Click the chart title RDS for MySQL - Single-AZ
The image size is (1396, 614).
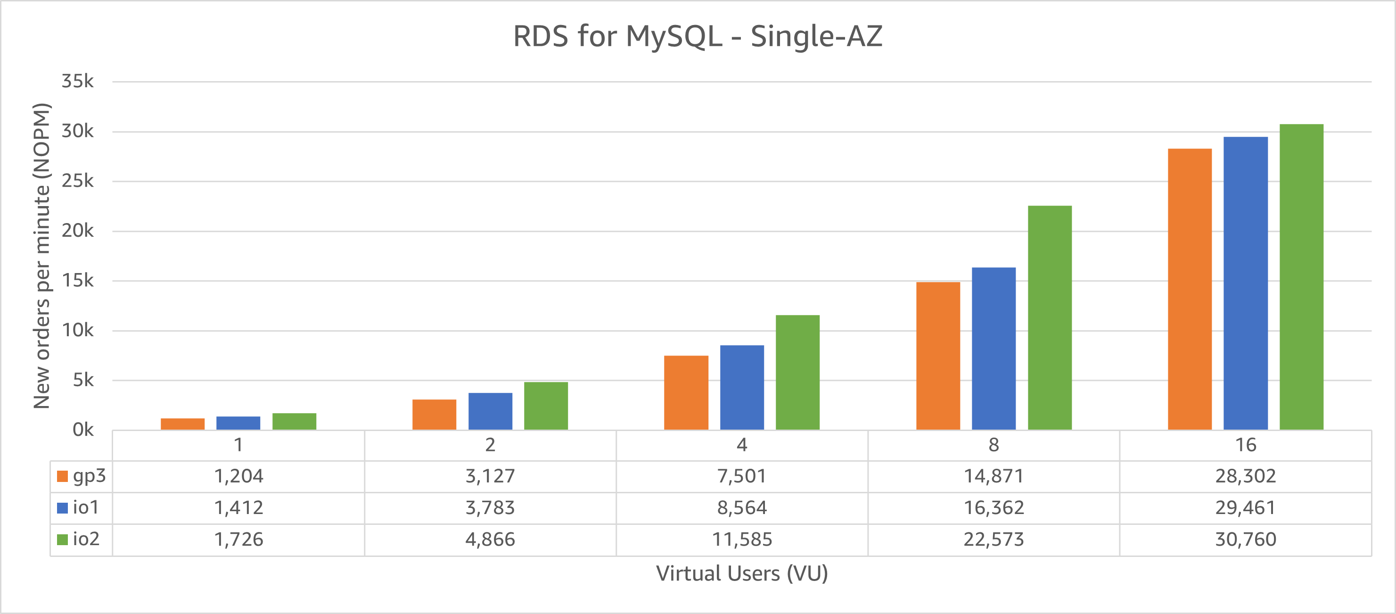coord(698,36)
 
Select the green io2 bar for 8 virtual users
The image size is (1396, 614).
coord(1049,318)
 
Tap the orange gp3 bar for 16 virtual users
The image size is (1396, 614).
coord(1190,289)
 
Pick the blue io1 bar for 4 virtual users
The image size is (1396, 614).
coord(741,387)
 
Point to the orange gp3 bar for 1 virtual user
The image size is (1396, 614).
coord(182,423)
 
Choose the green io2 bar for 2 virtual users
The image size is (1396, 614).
coord(546,406)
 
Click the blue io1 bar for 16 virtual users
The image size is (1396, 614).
coord(1245,283)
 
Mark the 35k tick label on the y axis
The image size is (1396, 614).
coord(77,82)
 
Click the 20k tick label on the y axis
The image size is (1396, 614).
coord(77,231)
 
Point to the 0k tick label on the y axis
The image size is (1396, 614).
coord(82,430)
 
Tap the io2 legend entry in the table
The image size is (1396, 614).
coord(79,539)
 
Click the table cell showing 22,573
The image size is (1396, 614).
coord(994,539)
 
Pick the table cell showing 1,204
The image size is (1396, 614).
coord(238,476)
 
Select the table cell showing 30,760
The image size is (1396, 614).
coord(1245,539)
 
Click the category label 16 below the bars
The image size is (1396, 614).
coord(1245,445)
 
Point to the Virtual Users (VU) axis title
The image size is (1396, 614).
coord(741,573)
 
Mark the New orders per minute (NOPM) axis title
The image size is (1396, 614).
coord(42,255)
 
